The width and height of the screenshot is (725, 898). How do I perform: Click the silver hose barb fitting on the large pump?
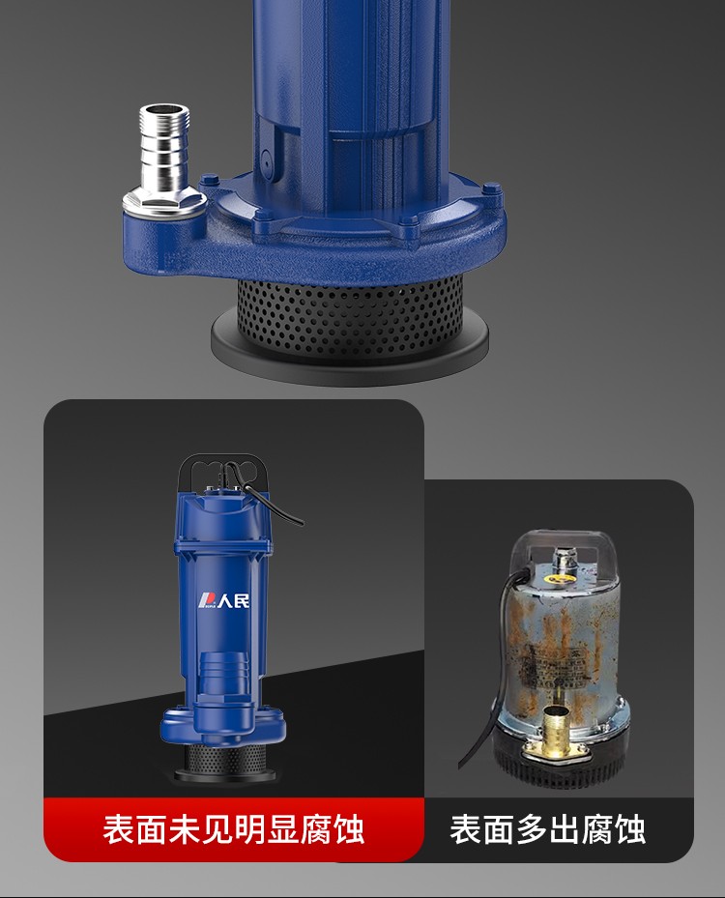(x=163, y=161)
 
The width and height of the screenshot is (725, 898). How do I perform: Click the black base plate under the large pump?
(x=350, y=349)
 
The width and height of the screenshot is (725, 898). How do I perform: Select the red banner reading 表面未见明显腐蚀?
(x=234, y=828)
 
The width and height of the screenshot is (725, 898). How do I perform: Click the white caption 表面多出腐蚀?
(x=547, y=829)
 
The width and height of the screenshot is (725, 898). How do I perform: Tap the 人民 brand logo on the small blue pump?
(x=224, y=600)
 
